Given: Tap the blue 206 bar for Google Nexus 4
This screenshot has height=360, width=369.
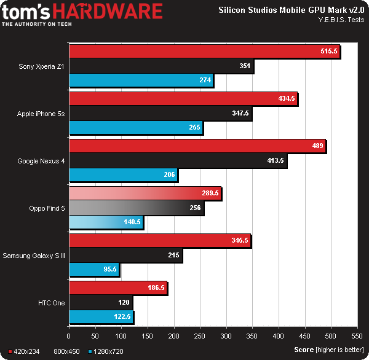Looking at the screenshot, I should pos(123,176).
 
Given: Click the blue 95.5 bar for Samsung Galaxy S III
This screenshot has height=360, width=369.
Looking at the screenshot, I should pos(94,270).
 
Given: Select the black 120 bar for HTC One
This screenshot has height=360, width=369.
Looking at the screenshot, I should pos(101,303).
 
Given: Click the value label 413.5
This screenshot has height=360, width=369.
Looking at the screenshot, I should pos(274,161).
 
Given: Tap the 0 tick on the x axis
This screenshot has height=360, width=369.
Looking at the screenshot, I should pos(69,337).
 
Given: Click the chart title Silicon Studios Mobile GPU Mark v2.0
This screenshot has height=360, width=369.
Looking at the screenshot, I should pos(291,9).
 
